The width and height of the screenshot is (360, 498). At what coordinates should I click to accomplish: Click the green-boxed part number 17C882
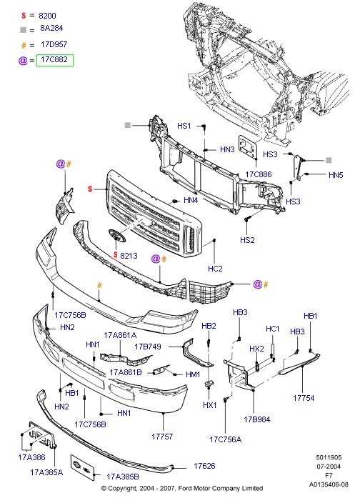[54, 60]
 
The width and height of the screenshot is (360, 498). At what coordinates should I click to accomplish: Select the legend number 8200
[47, 16]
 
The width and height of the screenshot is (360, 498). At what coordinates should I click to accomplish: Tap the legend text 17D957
[54, 44]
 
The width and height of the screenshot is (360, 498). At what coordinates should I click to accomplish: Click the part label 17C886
[259, 174]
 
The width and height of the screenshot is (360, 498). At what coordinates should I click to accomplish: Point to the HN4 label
[191, 200]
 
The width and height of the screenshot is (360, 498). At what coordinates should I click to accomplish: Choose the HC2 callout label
[215, 269]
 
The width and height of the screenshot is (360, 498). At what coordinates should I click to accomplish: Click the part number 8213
[129, 256]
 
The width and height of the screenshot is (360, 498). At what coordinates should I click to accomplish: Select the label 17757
[162, 437]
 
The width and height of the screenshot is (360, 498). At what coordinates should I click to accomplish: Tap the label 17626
[204, 466]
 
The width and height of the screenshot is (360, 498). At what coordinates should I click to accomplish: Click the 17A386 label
[31, 457]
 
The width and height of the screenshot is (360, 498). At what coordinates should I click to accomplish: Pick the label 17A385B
[123, 477]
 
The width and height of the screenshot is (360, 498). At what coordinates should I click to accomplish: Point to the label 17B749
[148, 347]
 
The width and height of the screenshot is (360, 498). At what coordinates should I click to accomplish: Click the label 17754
[304, 398]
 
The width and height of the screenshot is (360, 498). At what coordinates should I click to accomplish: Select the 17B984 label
[257, 419]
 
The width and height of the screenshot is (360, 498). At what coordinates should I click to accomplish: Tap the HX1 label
[209, 405]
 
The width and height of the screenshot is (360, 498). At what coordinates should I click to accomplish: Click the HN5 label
[336, 175]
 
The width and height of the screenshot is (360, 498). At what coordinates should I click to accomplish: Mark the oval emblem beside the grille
[117, 236]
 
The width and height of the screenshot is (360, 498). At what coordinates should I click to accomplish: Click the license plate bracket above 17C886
[248, 146]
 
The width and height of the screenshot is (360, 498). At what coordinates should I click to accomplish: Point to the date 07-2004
[329, 467]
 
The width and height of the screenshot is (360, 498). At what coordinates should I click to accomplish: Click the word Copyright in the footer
[123, 488]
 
